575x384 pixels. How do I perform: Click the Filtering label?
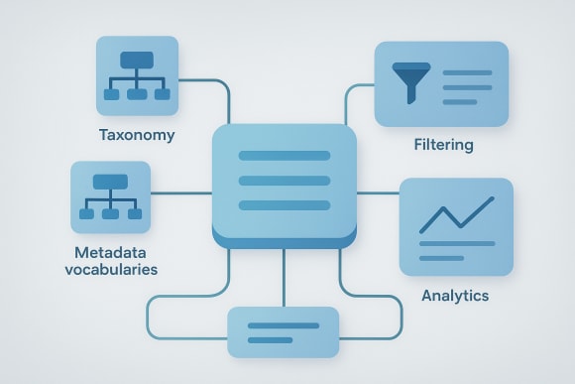point(443,145)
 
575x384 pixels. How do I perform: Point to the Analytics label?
point(455,296)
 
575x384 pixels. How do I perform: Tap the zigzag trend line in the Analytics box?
point(455,212)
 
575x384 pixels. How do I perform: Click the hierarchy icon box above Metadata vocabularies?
point(110,196)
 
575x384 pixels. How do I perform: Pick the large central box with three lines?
point(284,183)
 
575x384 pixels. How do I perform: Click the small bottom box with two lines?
point(283,331)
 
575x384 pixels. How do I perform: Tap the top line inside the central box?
point(284,156)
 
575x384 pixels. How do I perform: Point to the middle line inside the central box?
point(284,180)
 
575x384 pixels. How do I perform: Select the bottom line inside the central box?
point(284,204)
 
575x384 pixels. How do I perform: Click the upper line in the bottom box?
point(283,324)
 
